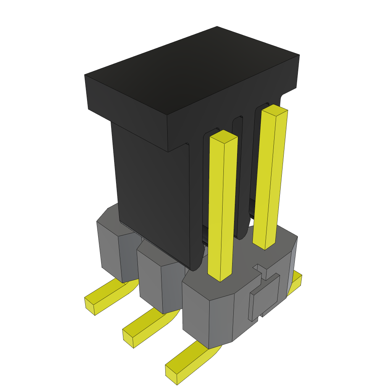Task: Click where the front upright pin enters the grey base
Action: coord(220,277)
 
